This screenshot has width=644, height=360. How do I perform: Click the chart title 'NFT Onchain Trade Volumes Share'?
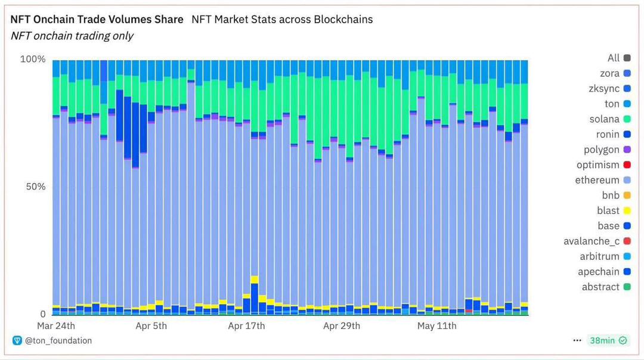pos(97,19)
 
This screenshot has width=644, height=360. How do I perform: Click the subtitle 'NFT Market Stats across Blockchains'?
pos(282,19)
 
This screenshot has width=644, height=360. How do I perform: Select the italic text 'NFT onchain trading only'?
pos(72,36)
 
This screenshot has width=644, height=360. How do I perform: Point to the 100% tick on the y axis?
pos(33,59)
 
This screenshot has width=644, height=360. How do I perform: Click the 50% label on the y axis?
pos(35,187)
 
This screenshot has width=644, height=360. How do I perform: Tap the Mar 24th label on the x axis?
pos(56,325)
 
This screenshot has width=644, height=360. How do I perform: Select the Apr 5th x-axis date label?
pos(151,325)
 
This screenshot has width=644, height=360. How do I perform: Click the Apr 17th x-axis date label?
pos(246,325)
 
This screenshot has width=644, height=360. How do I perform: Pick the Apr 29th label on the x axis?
pos(342,325)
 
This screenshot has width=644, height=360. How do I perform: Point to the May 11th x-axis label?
pos(436,325)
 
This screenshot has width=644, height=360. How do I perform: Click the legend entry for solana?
pos(605,119)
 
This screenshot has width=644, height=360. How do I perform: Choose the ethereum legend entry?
pos(597,180)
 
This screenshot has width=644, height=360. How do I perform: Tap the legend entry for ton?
pos(612,104)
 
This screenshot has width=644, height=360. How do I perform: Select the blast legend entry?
pos(608,210)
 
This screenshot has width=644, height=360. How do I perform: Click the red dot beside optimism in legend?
pos(627,165)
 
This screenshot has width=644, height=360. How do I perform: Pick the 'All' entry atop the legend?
pos(614,58)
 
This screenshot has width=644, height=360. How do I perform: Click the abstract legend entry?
pos(600,287)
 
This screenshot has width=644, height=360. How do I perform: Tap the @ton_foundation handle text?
pos(58,340)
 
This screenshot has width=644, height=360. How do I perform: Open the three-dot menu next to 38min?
pos(577,340)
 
